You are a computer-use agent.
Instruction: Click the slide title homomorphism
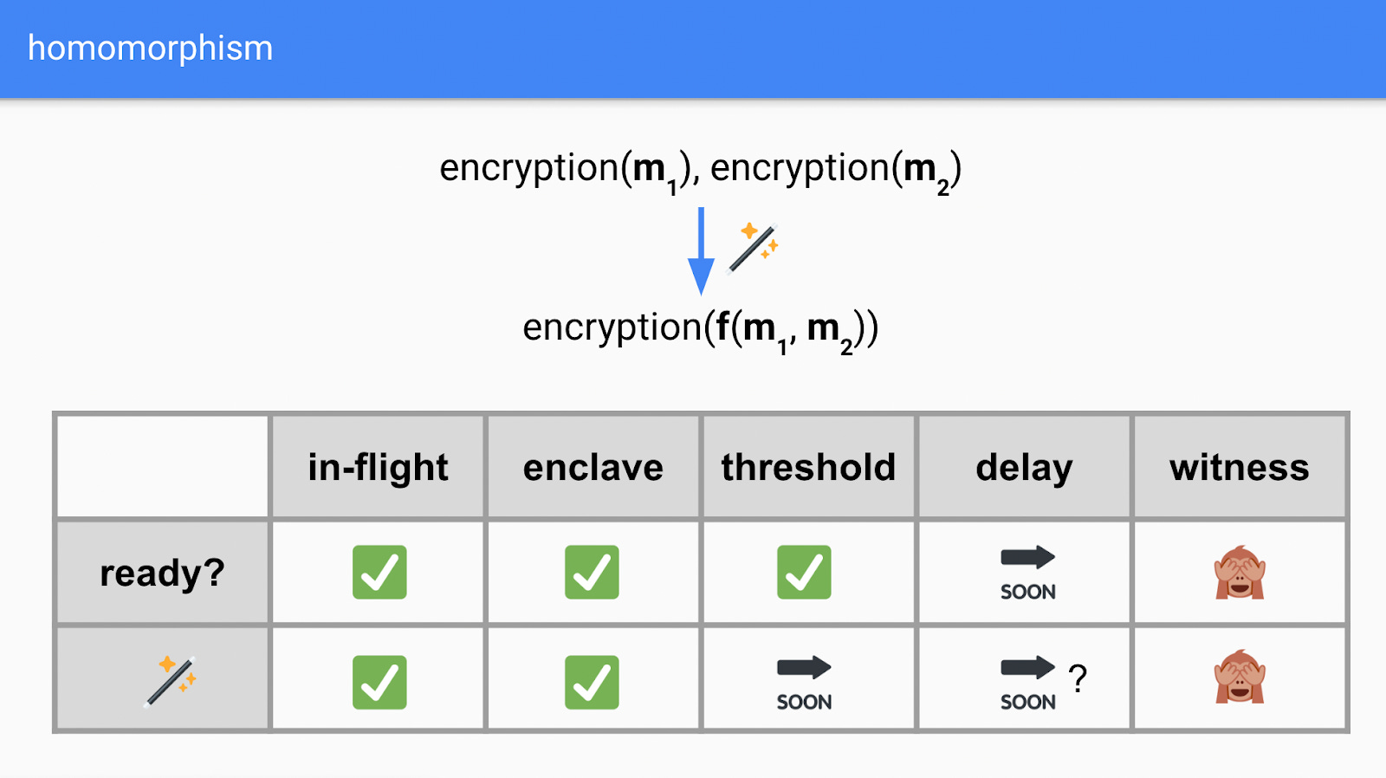(150, 49)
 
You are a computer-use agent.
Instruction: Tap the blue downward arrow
(701, 251)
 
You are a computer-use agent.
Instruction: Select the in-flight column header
(378, 468)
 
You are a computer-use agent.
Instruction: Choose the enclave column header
(593, 468)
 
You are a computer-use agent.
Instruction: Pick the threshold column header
(808, 468)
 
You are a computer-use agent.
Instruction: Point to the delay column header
(1024, 468)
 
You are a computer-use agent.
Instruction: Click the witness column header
(1240, 468)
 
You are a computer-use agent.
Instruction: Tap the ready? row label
(162, 573)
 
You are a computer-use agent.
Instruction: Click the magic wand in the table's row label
(171, 681)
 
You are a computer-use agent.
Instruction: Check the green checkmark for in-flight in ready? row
(379, 572)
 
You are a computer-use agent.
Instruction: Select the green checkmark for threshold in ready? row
(804, 572)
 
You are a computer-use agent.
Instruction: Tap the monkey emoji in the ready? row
(1240, 573)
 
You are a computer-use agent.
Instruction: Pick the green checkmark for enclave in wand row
(592, 682)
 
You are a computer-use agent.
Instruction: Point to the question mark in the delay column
(1078, 678)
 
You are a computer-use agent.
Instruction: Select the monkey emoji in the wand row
(1240, 677)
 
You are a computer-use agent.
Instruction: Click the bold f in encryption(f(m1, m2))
(722, 327)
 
